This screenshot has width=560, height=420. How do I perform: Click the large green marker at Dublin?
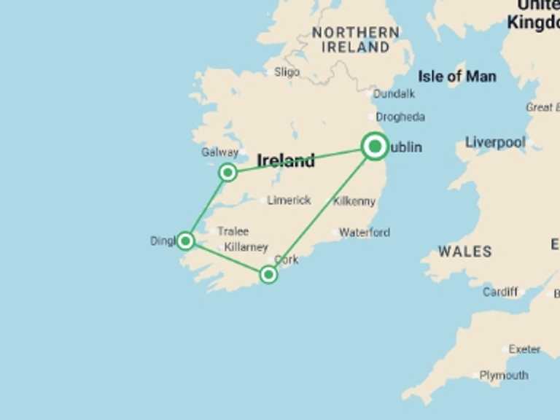375,147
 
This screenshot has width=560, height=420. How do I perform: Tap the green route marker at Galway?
228,172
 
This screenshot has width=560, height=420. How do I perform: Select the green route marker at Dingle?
186,241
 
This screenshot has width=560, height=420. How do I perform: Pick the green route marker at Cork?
268,274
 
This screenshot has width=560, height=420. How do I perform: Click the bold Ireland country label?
286,160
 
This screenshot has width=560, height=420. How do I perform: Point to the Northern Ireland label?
356,40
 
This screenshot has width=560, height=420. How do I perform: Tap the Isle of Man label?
457,76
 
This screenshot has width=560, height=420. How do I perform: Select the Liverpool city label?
495,142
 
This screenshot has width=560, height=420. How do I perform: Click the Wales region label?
465,252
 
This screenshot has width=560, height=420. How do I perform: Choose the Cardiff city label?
500,292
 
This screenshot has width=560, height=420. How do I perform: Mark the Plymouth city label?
504,376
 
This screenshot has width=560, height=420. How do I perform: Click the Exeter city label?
524,349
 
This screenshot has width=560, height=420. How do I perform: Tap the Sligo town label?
287,72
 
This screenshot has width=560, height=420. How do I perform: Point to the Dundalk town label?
394,93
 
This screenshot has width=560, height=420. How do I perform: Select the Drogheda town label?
400,117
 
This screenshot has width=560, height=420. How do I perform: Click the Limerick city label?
289,200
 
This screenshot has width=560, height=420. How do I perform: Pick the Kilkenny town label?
354,201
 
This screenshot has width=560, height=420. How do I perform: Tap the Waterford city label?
365,233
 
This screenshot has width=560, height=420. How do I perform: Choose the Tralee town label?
233,231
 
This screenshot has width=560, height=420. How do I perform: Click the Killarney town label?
246,247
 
